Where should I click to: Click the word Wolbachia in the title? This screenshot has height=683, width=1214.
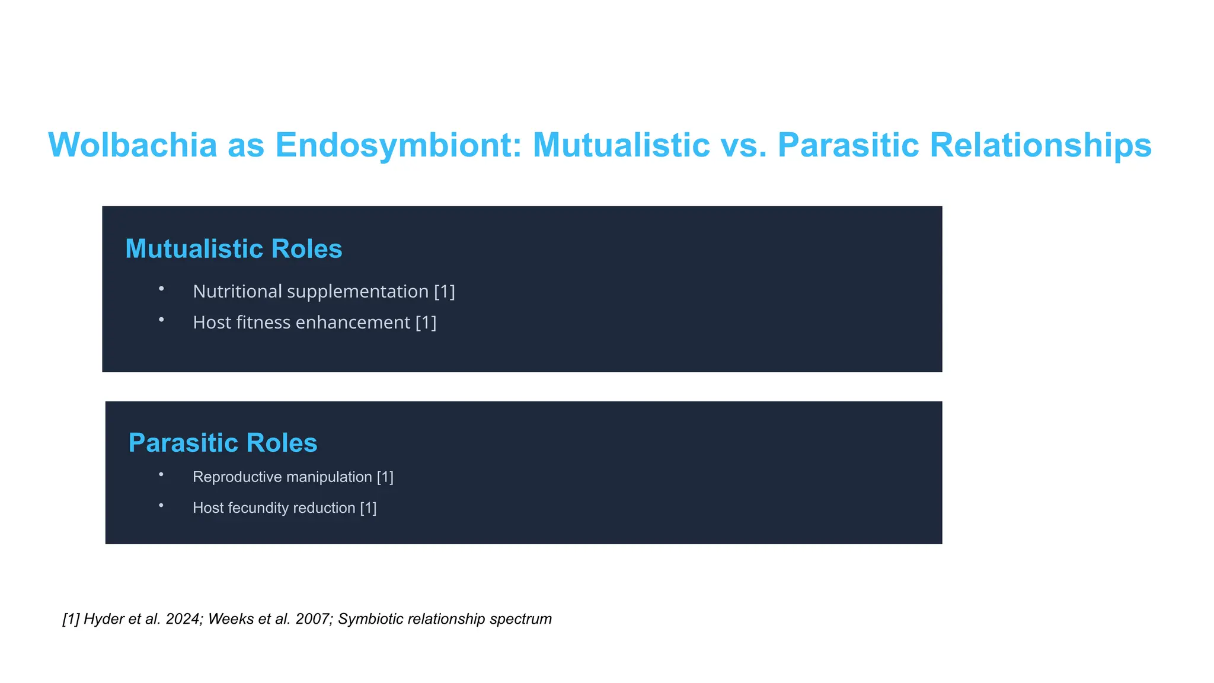[x=133, y=145]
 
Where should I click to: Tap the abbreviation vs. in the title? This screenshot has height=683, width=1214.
[x=743, y=145]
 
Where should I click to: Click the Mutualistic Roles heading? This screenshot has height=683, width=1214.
[x=234, y=249]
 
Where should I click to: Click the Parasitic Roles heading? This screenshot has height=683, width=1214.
[x=223, y=443]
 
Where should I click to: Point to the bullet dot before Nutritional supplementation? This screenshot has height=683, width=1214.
[x=161, y=289]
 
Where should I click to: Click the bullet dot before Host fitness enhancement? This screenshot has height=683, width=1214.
[x=161, y=320]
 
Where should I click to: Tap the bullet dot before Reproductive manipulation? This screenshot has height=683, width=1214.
[x=161, y=474]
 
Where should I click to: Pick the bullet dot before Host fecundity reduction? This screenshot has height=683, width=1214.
[x=161, y=505]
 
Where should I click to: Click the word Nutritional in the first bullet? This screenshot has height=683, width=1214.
[x=237, y=292]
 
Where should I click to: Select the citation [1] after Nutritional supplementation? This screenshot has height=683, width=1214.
[x=445, y=292]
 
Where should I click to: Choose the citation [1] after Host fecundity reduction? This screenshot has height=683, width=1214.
[x=368, y=508]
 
